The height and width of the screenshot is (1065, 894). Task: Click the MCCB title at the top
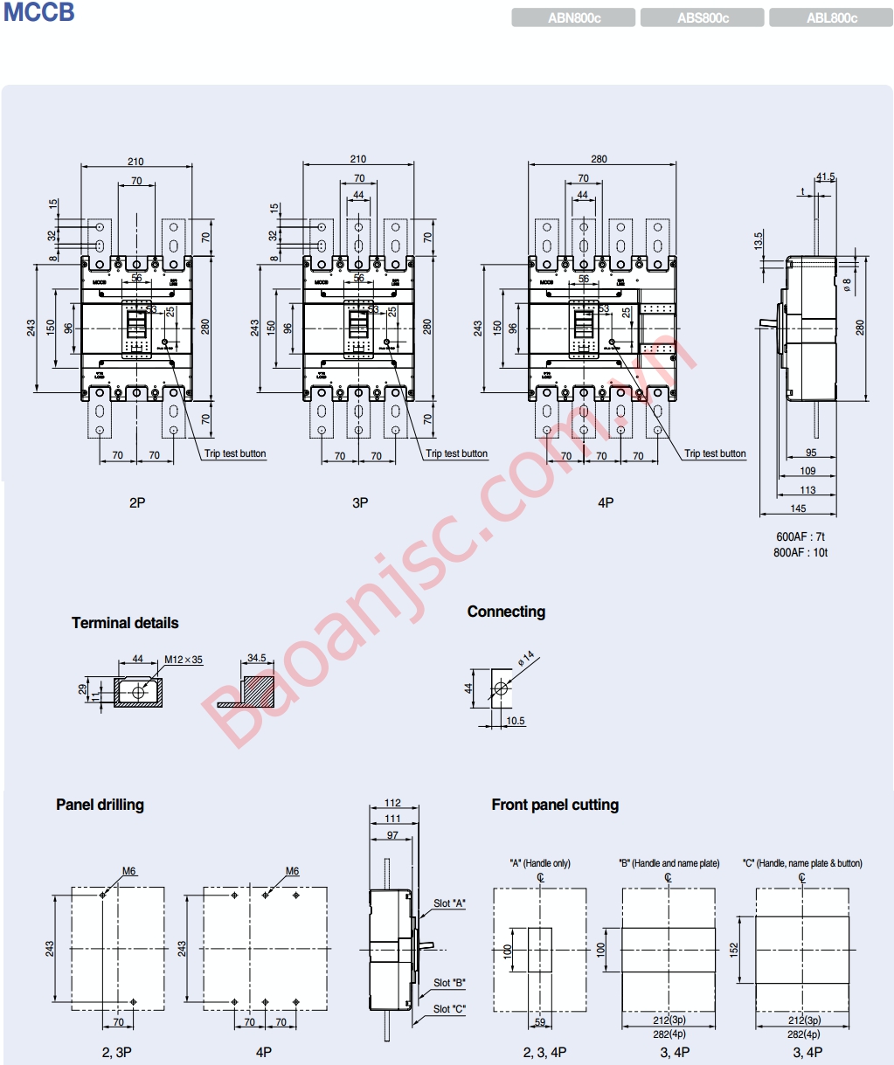[x=39, y=13]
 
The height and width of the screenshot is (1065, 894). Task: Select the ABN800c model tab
[x=573, y=17]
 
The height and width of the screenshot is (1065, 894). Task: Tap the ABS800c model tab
[x=703, y=17]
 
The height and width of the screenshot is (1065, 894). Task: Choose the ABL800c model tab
[x=831, y=17]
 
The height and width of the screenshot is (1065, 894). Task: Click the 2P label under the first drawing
[x=137, y=502]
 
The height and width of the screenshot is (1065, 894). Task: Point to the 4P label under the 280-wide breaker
[x=606, y=502]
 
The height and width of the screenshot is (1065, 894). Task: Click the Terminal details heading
[x=125, y=623]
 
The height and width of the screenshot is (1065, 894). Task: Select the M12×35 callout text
[x=184, y=660]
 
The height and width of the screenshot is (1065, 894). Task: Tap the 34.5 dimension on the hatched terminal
[x=256, y=658]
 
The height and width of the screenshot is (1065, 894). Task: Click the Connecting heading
[x=506, y=612]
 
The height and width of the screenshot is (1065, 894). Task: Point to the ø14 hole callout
[x=526, y=658]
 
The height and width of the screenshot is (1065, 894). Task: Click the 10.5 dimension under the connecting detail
[x=516, y=721]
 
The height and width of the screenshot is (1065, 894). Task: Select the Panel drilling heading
[x=100, y=805]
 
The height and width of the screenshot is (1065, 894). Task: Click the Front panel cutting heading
[x=555, y=805]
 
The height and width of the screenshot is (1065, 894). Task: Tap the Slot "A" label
[x=449, y=903]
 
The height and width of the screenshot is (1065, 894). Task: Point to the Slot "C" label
[x=449, y=1009]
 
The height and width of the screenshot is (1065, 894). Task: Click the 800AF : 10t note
[x=800, y=552]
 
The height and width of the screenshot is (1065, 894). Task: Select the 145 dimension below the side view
[x=798, y=508]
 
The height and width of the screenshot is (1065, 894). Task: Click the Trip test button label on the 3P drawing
[x=456, y=453]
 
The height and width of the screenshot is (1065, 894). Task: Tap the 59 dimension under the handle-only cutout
[x=540, y=1022]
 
